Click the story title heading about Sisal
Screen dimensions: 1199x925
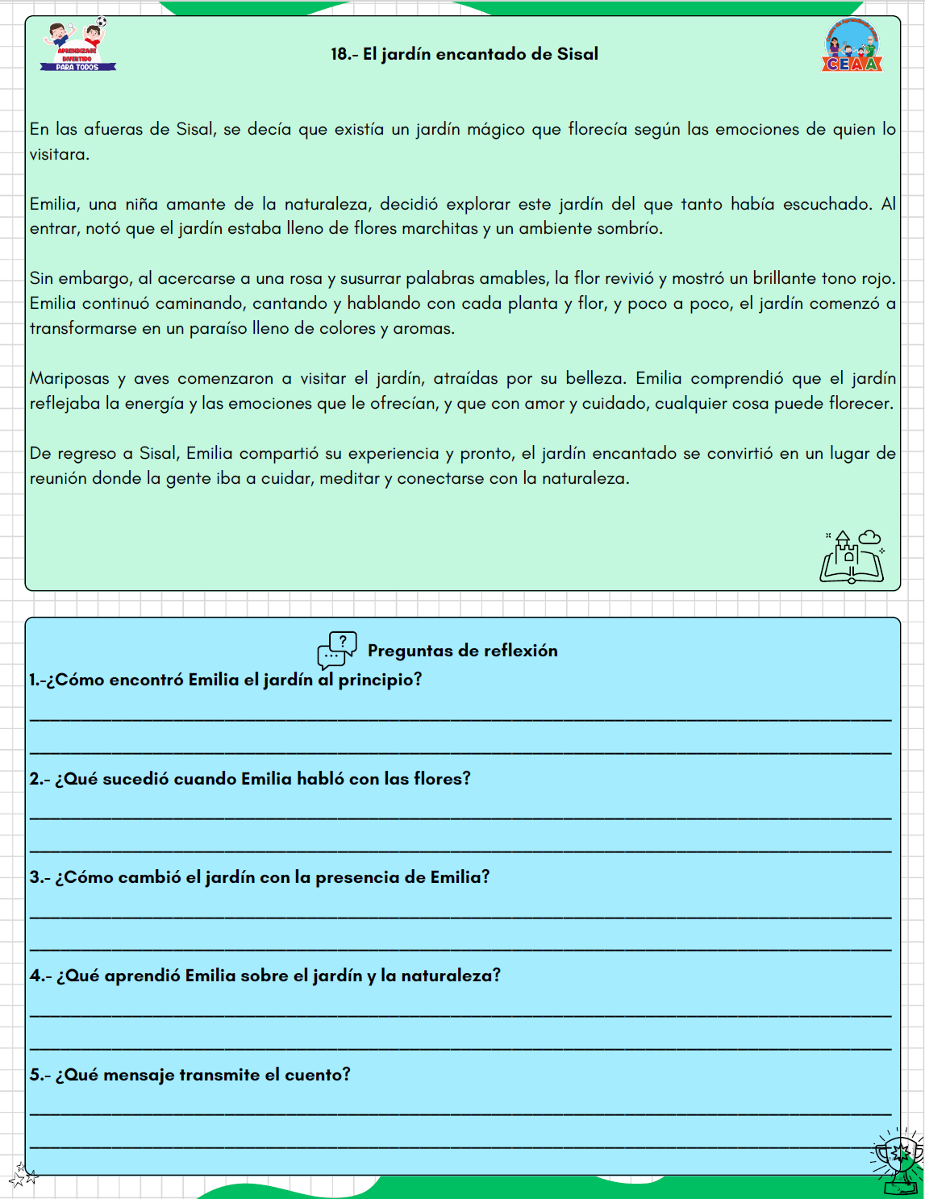[x=465, y=54]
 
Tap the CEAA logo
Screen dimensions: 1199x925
[x=852, y=47]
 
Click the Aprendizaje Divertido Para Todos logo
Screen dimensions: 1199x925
[x=77, y=47]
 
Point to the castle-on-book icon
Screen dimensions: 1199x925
[x=852, y=557]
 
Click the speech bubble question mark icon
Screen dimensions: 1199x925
[x=337, y=650]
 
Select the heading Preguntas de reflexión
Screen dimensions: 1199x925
[x=462, y=651]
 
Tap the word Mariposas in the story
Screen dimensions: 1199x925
[x=69, y=378]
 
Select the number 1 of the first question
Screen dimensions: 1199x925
[x=34, y=680]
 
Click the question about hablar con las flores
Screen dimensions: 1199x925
[x=250, y=779]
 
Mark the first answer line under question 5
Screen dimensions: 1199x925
[x=460, y=1114]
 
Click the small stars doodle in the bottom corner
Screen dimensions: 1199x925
[x=23, y=1175]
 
